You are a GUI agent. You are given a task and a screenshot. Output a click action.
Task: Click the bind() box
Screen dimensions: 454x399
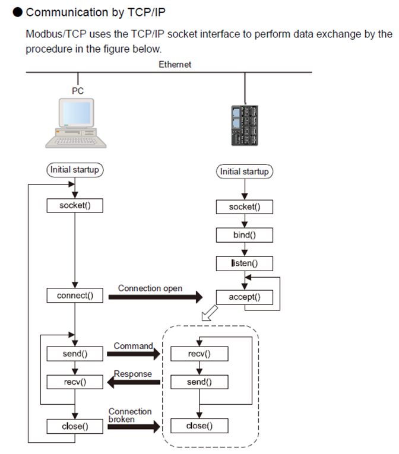click(x=245, y=235)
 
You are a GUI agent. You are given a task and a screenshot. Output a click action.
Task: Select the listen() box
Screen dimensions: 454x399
click(x=245, y=262)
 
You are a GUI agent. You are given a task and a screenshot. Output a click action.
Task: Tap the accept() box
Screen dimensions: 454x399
click(x=245, y=297)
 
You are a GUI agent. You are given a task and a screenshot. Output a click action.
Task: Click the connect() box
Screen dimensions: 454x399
click(x=75, y=295)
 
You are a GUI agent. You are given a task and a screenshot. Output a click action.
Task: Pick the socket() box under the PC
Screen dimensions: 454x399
click(x=75, y=205)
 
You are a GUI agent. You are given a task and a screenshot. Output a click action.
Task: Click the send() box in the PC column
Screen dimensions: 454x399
click(x=75, y=354)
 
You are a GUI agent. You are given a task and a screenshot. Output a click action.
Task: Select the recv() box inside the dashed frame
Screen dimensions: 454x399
click(x=199, y=354)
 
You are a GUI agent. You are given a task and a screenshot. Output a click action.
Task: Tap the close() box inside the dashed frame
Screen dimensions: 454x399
click(x=199, y=426)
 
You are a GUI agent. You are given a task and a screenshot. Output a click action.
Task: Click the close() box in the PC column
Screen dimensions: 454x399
click(x=75, y=426)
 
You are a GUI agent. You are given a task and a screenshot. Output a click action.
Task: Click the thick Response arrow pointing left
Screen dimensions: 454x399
click(x=134, y=384)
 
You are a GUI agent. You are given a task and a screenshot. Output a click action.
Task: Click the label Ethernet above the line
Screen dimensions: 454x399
click(x=175, y=65)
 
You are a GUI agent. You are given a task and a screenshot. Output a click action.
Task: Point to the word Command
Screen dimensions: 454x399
click(x=133, y=345)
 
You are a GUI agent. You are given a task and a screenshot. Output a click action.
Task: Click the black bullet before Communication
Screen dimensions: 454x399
click(x=18, y=12)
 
